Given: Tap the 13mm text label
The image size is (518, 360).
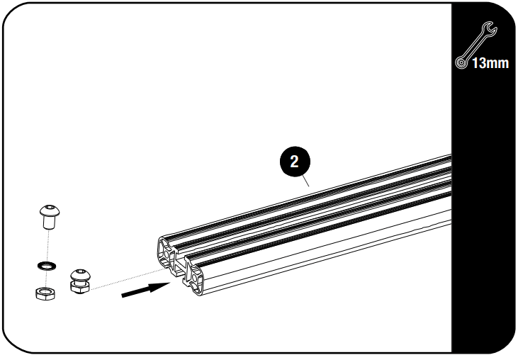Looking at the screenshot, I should (x=489, y=64).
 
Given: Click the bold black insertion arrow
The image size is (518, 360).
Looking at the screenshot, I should (x=145, y=289).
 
